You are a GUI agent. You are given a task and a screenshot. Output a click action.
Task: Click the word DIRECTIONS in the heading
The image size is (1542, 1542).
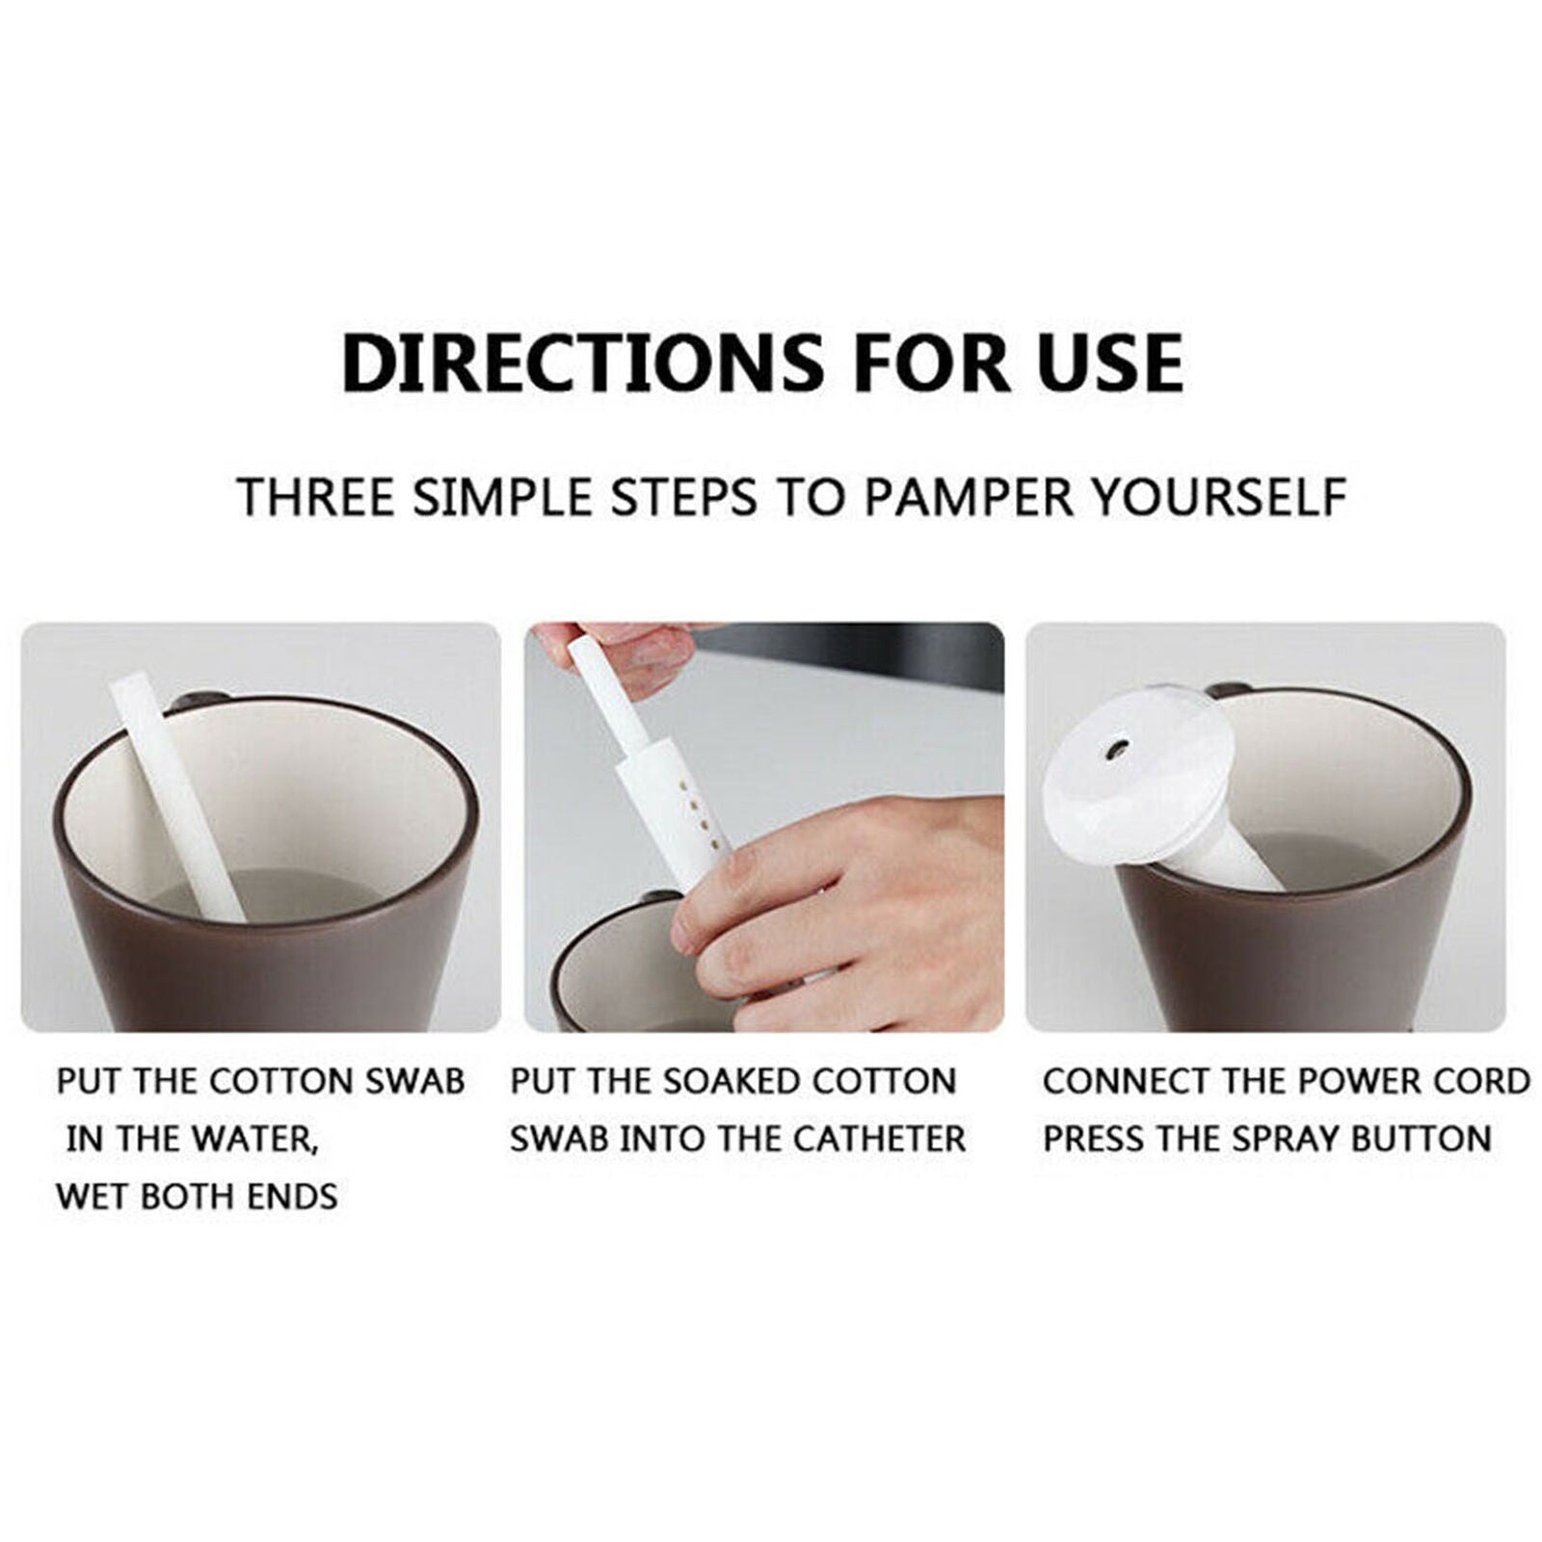582,362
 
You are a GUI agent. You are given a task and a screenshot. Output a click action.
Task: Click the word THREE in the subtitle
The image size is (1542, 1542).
315,498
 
